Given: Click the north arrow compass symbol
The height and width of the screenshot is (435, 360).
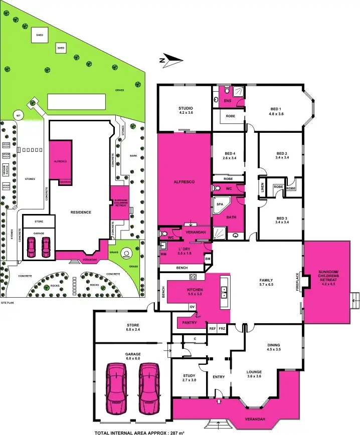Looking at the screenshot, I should [170, 60].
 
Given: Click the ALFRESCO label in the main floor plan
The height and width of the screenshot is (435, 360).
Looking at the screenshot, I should [184, 181].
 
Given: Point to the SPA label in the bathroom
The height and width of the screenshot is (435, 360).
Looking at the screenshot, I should [220, 204].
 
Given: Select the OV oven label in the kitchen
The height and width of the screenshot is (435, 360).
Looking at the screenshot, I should [192, 307].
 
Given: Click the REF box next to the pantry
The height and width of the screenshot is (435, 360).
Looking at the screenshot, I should [213, 328].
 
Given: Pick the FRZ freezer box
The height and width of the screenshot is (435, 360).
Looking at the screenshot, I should [222, 328].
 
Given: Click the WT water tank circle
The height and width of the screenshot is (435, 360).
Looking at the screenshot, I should [19, 115].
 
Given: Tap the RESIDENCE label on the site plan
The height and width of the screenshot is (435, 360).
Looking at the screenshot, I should [81, 212].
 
